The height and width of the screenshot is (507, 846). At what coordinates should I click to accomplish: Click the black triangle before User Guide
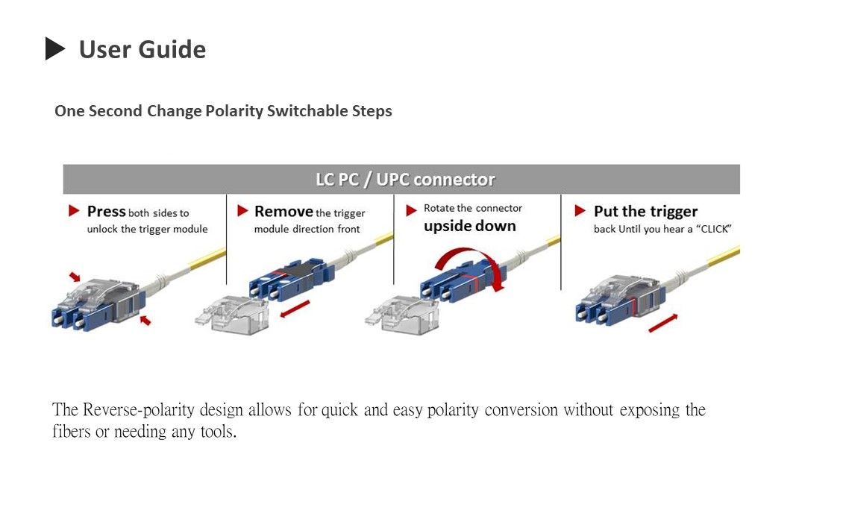(55, 49)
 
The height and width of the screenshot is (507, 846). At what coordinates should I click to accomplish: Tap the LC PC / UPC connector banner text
(404, 180)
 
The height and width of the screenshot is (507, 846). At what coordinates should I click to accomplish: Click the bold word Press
(106, 212)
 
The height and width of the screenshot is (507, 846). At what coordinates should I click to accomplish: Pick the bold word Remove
(283, 212)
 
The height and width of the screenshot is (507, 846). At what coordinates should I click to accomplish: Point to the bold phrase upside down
(469, 226)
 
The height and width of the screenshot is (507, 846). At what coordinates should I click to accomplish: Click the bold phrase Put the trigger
(645, 212)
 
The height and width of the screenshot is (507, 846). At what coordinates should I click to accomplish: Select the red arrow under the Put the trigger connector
(663, 323)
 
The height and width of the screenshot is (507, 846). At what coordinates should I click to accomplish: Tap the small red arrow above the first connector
(75, 277)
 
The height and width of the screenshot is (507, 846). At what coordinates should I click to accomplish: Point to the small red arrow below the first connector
(145, 320)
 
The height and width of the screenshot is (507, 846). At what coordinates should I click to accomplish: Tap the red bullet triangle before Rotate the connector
(411, 211)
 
